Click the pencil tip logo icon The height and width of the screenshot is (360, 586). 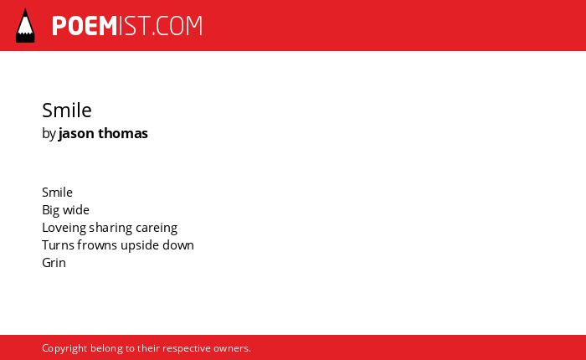[x=25, y=26]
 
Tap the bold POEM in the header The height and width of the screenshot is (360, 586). [x=85, y=26]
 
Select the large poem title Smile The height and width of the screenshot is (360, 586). [x=67, y=111]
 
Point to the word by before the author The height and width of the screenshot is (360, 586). [x=49, y=134]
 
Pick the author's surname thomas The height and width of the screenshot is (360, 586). [x=123, y=133]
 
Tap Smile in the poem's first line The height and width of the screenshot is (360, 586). [x=57, y=193]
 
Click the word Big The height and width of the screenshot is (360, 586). [x=50, y=210]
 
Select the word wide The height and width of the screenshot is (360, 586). [x=76, y=209]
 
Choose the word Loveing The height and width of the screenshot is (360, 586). [x=64, y=228]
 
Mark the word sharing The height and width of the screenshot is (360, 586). [x=111, y=228]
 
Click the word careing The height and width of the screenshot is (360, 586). [x=157, y=228]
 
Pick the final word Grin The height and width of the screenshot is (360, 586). [x=54, y=263]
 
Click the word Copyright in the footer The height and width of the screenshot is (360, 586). [x=64, y=348]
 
